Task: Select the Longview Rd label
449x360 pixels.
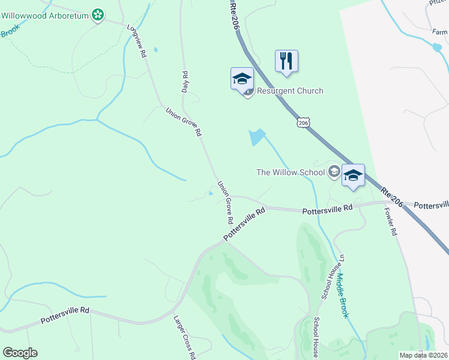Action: (137, 41)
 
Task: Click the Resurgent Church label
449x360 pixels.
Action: (290, 91)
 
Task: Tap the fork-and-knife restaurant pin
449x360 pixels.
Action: (286, 61)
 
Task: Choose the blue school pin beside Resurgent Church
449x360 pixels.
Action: (242, 79)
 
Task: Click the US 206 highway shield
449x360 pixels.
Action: (303, 122)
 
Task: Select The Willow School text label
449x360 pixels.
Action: (290, 172)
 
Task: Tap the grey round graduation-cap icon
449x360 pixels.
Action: (334, 173)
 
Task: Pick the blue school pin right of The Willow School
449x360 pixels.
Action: (353, 175)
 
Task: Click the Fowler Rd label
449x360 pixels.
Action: (390, 221)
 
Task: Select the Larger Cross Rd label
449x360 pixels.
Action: (184, 337)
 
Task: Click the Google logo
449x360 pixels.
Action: (20, 353)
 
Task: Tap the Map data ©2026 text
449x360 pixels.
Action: (423, 355)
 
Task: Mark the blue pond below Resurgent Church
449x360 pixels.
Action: (257, 137)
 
